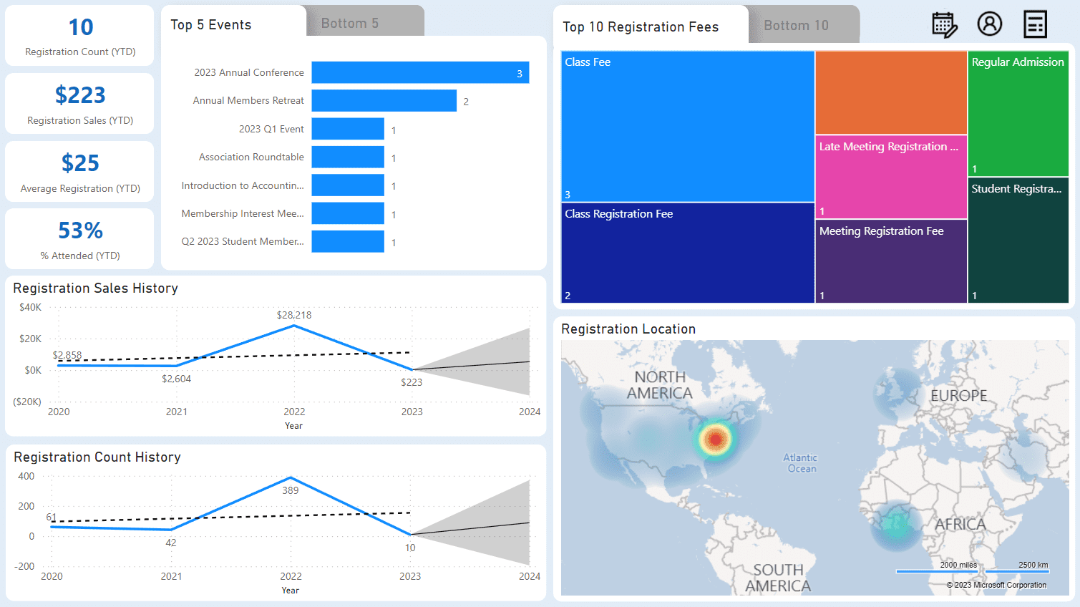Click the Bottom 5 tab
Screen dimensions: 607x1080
pos(350,23)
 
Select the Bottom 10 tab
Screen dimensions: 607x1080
pos(796,26)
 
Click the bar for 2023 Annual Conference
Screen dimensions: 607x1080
pos(420,72)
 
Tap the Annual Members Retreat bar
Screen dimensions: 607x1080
pos(384,101)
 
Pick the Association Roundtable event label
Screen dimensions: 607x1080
pos(251,157)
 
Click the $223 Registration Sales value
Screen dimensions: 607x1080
pos(80,95)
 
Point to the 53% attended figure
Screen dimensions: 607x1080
pos(80,230)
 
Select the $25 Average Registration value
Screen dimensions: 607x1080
pos(80,163)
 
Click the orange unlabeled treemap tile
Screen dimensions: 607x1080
pos(891,92)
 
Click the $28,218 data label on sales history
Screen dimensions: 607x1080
pos(294,315)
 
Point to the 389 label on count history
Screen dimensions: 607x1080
pos(291,490)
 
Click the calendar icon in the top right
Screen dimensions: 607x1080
pos(944,24)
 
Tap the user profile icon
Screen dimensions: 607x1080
pos(990,24)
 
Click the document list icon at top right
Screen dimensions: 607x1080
pos(1035,24)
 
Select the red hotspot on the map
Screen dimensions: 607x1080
pos(715,439)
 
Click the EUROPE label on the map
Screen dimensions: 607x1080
pos(958,396)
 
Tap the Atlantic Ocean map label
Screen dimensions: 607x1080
pos(800,463)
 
